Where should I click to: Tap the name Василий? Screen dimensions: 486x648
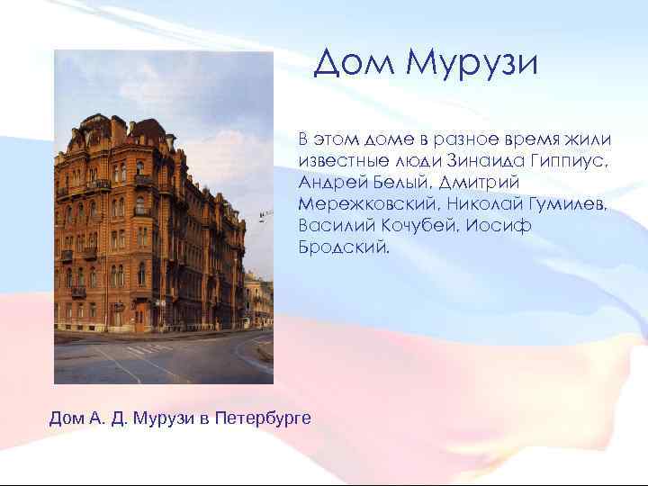[337, 225]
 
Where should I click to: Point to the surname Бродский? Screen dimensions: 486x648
[345, 247]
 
